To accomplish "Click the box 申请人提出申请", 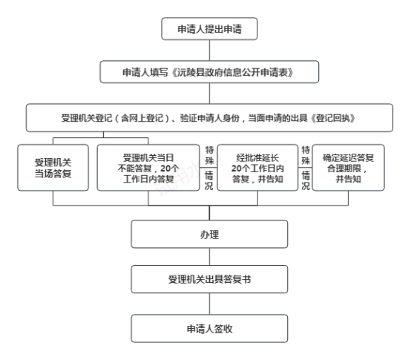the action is (209, 29).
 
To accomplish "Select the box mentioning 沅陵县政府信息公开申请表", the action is (209, 72).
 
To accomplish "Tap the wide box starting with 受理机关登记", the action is (209, 118).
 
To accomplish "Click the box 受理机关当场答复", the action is (53, 168).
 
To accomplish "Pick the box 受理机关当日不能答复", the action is (148, 168).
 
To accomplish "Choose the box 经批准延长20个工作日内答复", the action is (257, 168).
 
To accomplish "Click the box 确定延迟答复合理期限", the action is (349, 168).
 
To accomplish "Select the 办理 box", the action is (209, 234).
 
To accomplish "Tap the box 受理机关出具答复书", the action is (209, 279).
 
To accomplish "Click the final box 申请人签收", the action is (209, 329).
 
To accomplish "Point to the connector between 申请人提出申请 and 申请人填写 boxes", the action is (209, 50).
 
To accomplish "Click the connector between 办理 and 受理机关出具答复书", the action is (209, 257).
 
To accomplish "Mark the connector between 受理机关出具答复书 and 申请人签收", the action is (209, 304).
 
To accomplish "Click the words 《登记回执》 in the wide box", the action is (333, 118).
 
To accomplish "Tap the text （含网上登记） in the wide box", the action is (142, 118).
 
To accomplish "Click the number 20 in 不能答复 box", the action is (166, 168).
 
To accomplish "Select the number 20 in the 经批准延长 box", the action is (237, 168).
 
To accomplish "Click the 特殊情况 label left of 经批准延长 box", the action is (209, 168).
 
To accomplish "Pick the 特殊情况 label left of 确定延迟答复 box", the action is (306, 168).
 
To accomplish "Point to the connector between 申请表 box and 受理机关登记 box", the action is (209, 94).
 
